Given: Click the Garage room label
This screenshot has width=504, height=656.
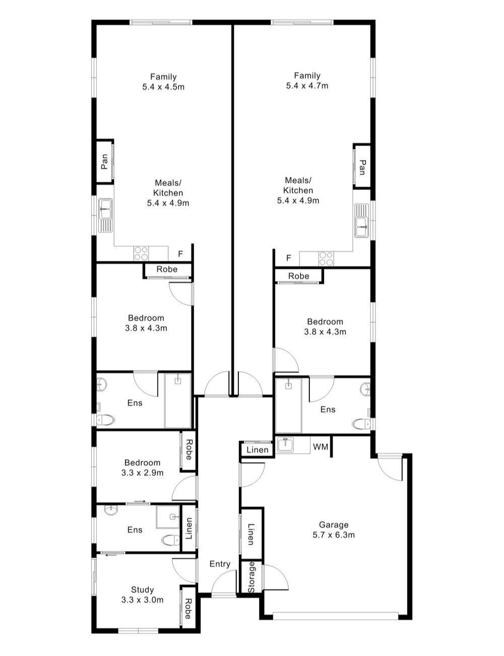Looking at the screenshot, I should pos(333,525).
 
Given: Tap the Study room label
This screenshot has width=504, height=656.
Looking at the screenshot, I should pos(142,590).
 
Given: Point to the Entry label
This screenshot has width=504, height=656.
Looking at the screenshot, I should pos(220,564).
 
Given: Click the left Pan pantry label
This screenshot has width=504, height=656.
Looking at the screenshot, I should pos(104,161).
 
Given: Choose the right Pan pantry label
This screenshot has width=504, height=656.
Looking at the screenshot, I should pos(362,167).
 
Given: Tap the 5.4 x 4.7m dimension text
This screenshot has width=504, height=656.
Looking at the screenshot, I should pos(307,86).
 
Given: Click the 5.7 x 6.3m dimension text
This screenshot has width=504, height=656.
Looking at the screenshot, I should pos(333,535).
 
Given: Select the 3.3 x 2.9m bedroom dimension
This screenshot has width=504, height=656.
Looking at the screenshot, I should pos(142,473).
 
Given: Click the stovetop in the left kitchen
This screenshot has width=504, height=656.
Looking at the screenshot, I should pos(140,253).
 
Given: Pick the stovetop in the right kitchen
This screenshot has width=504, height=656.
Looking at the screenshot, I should pos(326,259).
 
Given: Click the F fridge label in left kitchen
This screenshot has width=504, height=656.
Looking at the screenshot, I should pos(180,253).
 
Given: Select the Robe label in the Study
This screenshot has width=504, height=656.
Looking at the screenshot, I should pos(187,608).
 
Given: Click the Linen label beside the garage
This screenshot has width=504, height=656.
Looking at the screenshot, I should pos(251,534).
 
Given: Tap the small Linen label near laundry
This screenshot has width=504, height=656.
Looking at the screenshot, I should pos(258,450).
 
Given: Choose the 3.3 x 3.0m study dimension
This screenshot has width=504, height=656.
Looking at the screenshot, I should pos(142,600).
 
